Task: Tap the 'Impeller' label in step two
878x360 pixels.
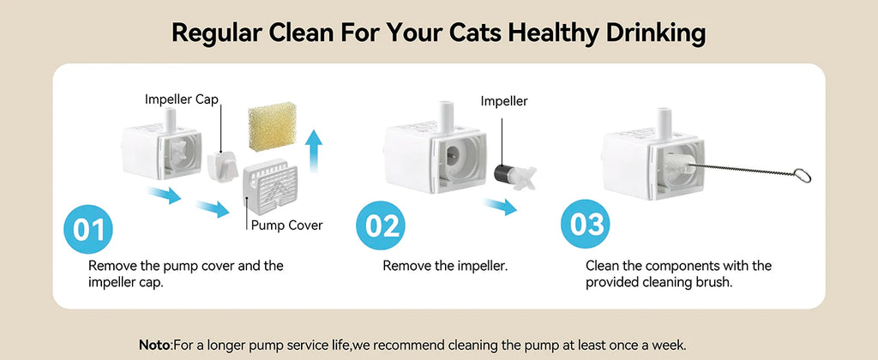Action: tap(504, 100)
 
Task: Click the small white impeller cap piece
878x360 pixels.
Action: tap(222, 163)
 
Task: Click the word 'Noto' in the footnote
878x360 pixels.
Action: tap(155, 345)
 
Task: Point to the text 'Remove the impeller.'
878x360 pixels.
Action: tap(445, 266)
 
